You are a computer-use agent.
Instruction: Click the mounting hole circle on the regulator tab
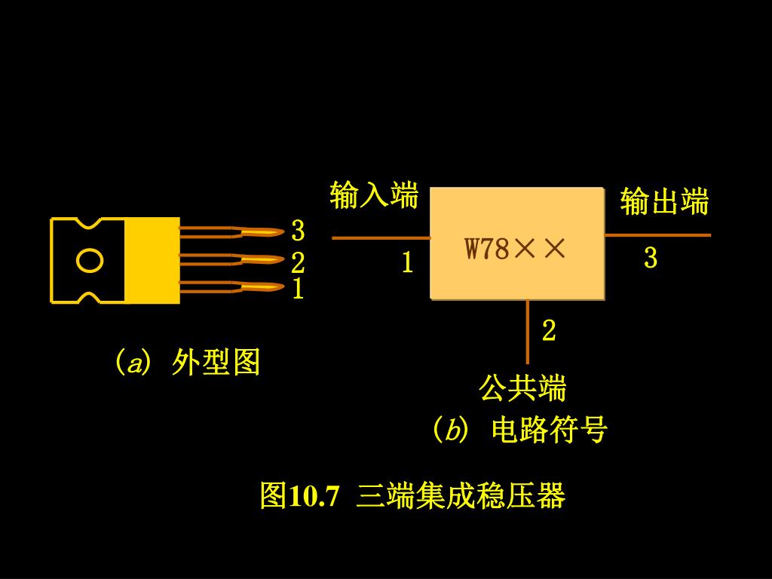pyautogui.click(x=90, y=261)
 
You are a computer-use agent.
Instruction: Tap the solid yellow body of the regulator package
pyautogui.click(x=152, y=261)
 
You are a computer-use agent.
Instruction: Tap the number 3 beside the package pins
pyautogui.click(x=298, y=230)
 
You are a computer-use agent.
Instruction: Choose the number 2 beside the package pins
pyautogui.click(x=298, y=262)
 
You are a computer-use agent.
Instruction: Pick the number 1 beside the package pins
pyautogui.click(x=298, y=289)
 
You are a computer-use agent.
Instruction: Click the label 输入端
pyautogui.click(x=374, y=195)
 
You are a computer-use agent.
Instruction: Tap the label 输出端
pyautogui.click(x=664, y=202)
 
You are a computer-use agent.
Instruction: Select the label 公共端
pyautogui.click(x=522, y=388)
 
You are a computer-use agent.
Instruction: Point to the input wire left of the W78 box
pyautogui.click(x=381, y=237)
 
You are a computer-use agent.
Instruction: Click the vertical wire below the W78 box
pyautogui.click(x=528, y=332)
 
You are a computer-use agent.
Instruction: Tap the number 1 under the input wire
pyautogui.click(x=407, y=262)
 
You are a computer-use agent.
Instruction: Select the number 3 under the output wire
pyautogui.click(x=651, y=258)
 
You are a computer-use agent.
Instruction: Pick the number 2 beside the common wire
pyautogui.click(x=549, y=330)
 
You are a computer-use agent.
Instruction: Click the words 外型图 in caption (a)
pyautogui.click(x=216, y=363)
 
